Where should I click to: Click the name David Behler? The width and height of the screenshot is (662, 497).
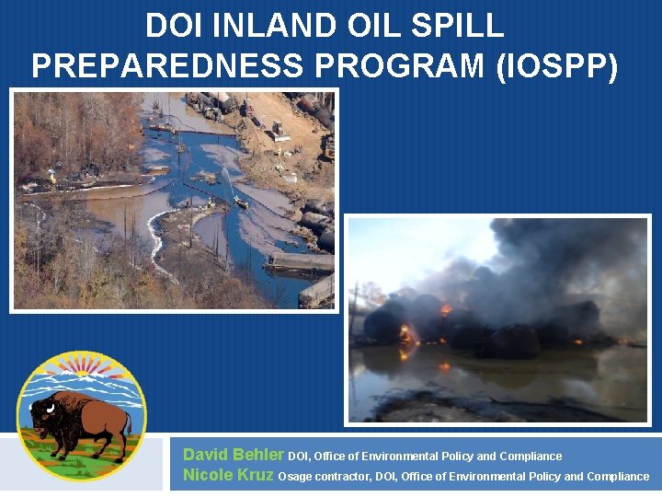(234, 455)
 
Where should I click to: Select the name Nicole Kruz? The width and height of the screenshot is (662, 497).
(228, 475)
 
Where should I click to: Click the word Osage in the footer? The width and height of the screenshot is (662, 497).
(294, 477)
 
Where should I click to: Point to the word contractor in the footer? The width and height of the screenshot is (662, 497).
(342, 477)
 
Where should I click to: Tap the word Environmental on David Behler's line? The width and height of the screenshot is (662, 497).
(402, 457)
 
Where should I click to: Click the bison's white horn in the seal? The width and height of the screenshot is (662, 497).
(37, 405)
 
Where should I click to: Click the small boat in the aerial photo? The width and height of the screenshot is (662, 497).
(242, 203)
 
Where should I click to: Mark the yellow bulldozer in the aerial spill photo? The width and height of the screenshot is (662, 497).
(327, 147)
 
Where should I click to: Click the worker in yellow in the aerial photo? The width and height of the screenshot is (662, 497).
(52, 177)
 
